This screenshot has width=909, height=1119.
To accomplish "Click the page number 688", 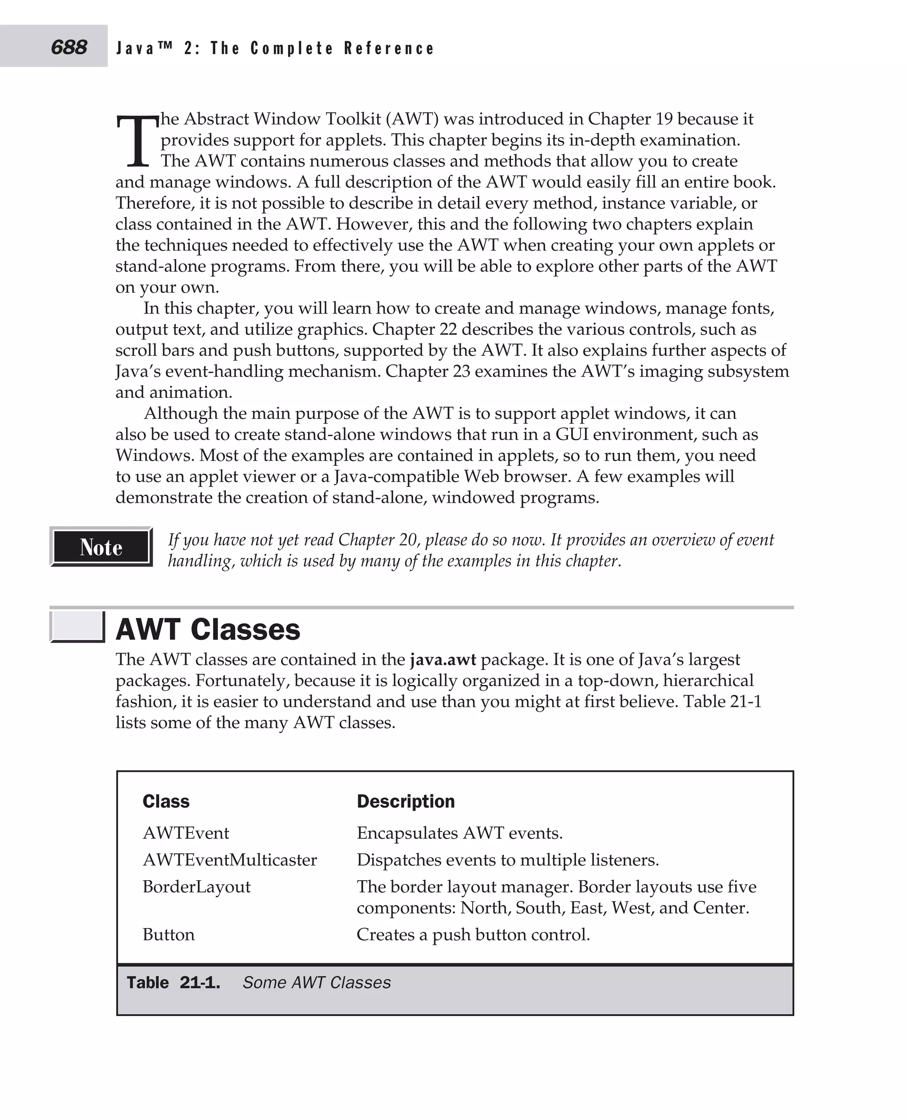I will [x=69, y=47].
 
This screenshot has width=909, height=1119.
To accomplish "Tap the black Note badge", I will [x=101, y=547].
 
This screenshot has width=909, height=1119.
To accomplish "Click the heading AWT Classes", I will [x=207, y=629].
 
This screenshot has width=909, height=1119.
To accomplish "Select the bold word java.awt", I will [x=443, y=659].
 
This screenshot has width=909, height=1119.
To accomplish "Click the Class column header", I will [x=166, y=801].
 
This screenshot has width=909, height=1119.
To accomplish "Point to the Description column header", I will [x=405, y=801].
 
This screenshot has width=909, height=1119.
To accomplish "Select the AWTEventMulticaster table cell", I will [x=229, y=860].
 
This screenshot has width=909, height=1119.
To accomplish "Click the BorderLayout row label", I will [x=196, y=886].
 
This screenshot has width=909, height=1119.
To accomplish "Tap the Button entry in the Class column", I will [x=168, y=934].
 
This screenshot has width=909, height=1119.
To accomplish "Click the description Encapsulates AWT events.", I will [x=459, y=833].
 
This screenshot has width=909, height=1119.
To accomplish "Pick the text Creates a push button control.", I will [x=473, y=934].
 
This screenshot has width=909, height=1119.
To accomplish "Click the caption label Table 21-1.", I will [x=173, y=982].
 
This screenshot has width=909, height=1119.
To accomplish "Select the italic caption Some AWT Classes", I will [x=316, y=982].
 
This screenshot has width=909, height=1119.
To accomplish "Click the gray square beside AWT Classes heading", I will [x=76, y=626].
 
